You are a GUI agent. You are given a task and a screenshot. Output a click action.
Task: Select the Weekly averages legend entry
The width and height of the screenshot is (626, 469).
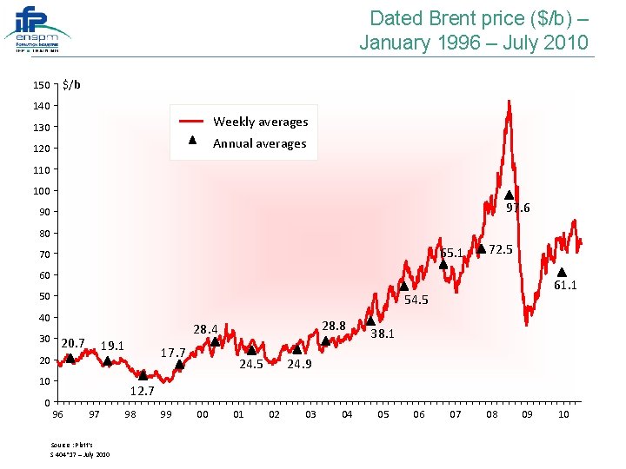(260, 122)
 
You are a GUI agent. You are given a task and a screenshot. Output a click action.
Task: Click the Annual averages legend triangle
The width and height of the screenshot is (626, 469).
(193, 142)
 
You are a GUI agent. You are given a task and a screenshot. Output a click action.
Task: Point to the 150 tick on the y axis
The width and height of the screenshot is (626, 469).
(41, 85)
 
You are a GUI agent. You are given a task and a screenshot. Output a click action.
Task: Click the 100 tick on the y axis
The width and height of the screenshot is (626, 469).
(41, 190)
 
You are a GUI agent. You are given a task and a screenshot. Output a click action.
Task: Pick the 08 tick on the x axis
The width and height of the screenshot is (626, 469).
(491, 415)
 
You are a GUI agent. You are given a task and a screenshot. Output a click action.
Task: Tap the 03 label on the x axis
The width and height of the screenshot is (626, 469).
(310, 415)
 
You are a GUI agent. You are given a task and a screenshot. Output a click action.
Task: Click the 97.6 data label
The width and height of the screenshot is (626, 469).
(518, 208)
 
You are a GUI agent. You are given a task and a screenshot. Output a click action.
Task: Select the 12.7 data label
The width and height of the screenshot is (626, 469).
(142, 391)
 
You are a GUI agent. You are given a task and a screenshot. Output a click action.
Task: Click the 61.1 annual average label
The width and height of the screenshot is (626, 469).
(566, 285)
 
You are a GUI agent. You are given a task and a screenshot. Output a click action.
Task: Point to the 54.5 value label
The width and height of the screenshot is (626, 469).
(416, 301)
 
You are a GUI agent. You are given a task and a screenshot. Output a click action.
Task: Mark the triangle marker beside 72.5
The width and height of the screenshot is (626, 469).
(481, 249)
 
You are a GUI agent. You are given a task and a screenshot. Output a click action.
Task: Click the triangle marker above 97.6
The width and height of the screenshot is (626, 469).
(509, 195)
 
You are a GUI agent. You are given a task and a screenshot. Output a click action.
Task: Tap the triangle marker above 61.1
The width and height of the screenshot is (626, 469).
(562, 272)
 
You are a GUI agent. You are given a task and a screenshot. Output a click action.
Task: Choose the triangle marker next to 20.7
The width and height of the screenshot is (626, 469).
(70, 358)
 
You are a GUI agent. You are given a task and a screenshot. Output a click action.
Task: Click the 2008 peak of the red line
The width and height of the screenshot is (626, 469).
(509, 102)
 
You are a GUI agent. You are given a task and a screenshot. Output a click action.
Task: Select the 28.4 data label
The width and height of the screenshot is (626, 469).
(205, 330)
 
